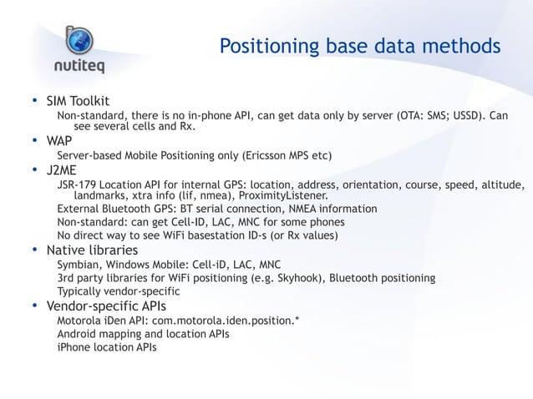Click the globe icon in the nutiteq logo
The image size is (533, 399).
click(80, 36)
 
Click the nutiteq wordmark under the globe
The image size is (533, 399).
click(80, 66)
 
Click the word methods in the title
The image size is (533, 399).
click(464, 46)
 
